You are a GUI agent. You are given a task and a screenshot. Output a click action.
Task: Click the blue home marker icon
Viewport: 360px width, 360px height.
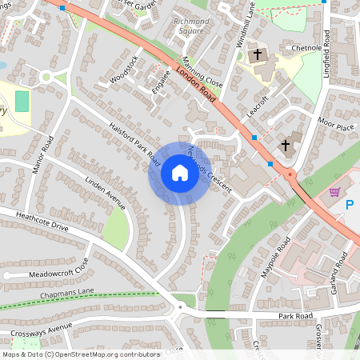[179, 172]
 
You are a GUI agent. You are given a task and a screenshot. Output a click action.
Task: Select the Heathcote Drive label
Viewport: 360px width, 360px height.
[36, 222]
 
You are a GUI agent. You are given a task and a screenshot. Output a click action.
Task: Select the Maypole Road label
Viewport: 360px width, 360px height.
[274, 258]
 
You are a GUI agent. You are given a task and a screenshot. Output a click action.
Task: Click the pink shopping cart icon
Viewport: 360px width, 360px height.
[334, 192]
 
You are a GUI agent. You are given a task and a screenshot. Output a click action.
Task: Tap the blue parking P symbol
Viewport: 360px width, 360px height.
[350, 206]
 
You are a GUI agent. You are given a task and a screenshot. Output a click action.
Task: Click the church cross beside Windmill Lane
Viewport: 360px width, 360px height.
[258, 55]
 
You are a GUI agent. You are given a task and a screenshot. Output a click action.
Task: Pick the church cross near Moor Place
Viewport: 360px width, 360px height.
[286, 146]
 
